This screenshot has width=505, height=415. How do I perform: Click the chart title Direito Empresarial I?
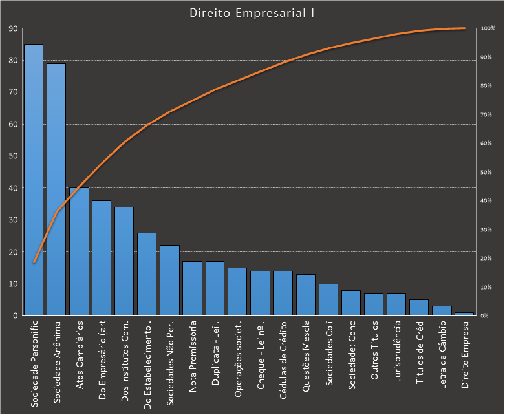[252, 13]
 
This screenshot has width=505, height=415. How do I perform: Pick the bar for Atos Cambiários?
[79, 252]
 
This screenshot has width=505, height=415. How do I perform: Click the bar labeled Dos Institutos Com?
[124, 262]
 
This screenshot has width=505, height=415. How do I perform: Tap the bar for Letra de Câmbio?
[442, 311]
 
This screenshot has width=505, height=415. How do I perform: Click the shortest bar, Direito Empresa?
[465, 314]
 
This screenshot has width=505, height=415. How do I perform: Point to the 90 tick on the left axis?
[13, 29]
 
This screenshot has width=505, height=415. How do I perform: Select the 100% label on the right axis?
[488, 29]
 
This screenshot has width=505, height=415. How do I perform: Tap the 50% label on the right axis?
[487, 173]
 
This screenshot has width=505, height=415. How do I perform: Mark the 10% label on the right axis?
[487, 287]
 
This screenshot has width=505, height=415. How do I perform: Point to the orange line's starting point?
[34, 262]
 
